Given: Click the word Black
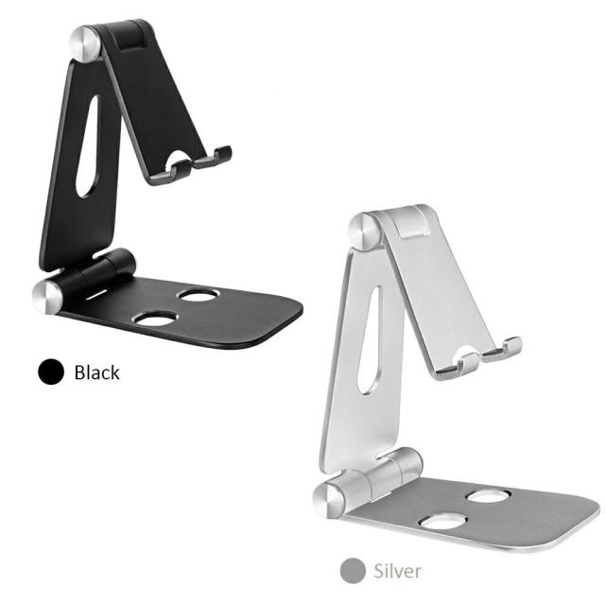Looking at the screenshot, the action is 96,372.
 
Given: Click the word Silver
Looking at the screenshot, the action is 397,571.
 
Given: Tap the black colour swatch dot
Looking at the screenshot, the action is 51,372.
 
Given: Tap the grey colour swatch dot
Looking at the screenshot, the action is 353,570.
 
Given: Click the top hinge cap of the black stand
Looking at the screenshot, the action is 85,43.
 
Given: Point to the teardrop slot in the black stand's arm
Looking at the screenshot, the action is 88,147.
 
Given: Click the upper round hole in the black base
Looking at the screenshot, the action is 199,295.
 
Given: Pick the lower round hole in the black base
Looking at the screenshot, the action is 154,319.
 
